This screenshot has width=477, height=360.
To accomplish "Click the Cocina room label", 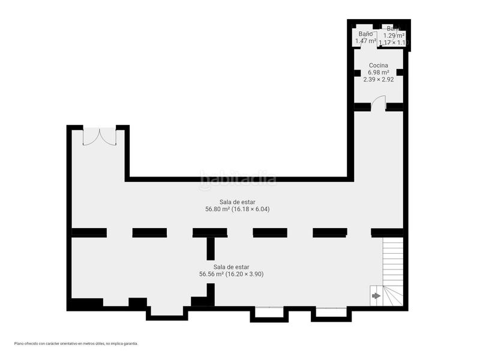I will (378, 65).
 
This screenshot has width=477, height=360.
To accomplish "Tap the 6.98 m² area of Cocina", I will (378, 72).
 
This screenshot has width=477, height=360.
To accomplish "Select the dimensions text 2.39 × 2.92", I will (378, 79).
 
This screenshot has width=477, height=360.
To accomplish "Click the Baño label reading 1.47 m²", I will (365, 41).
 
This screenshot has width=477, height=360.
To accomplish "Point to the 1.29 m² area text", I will (394, 36).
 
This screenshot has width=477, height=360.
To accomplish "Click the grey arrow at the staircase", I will (376, 295).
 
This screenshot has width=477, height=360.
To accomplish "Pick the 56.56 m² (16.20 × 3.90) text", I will (231, 274).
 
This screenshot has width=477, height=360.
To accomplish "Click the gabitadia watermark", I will (238, 178).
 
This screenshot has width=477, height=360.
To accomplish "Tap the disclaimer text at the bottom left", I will (76, 344).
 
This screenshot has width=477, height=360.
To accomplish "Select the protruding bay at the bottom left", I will (167, 311).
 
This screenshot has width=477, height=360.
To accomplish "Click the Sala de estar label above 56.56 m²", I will (231, 266).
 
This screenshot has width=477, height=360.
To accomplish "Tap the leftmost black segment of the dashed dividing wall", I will (89, 233).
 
